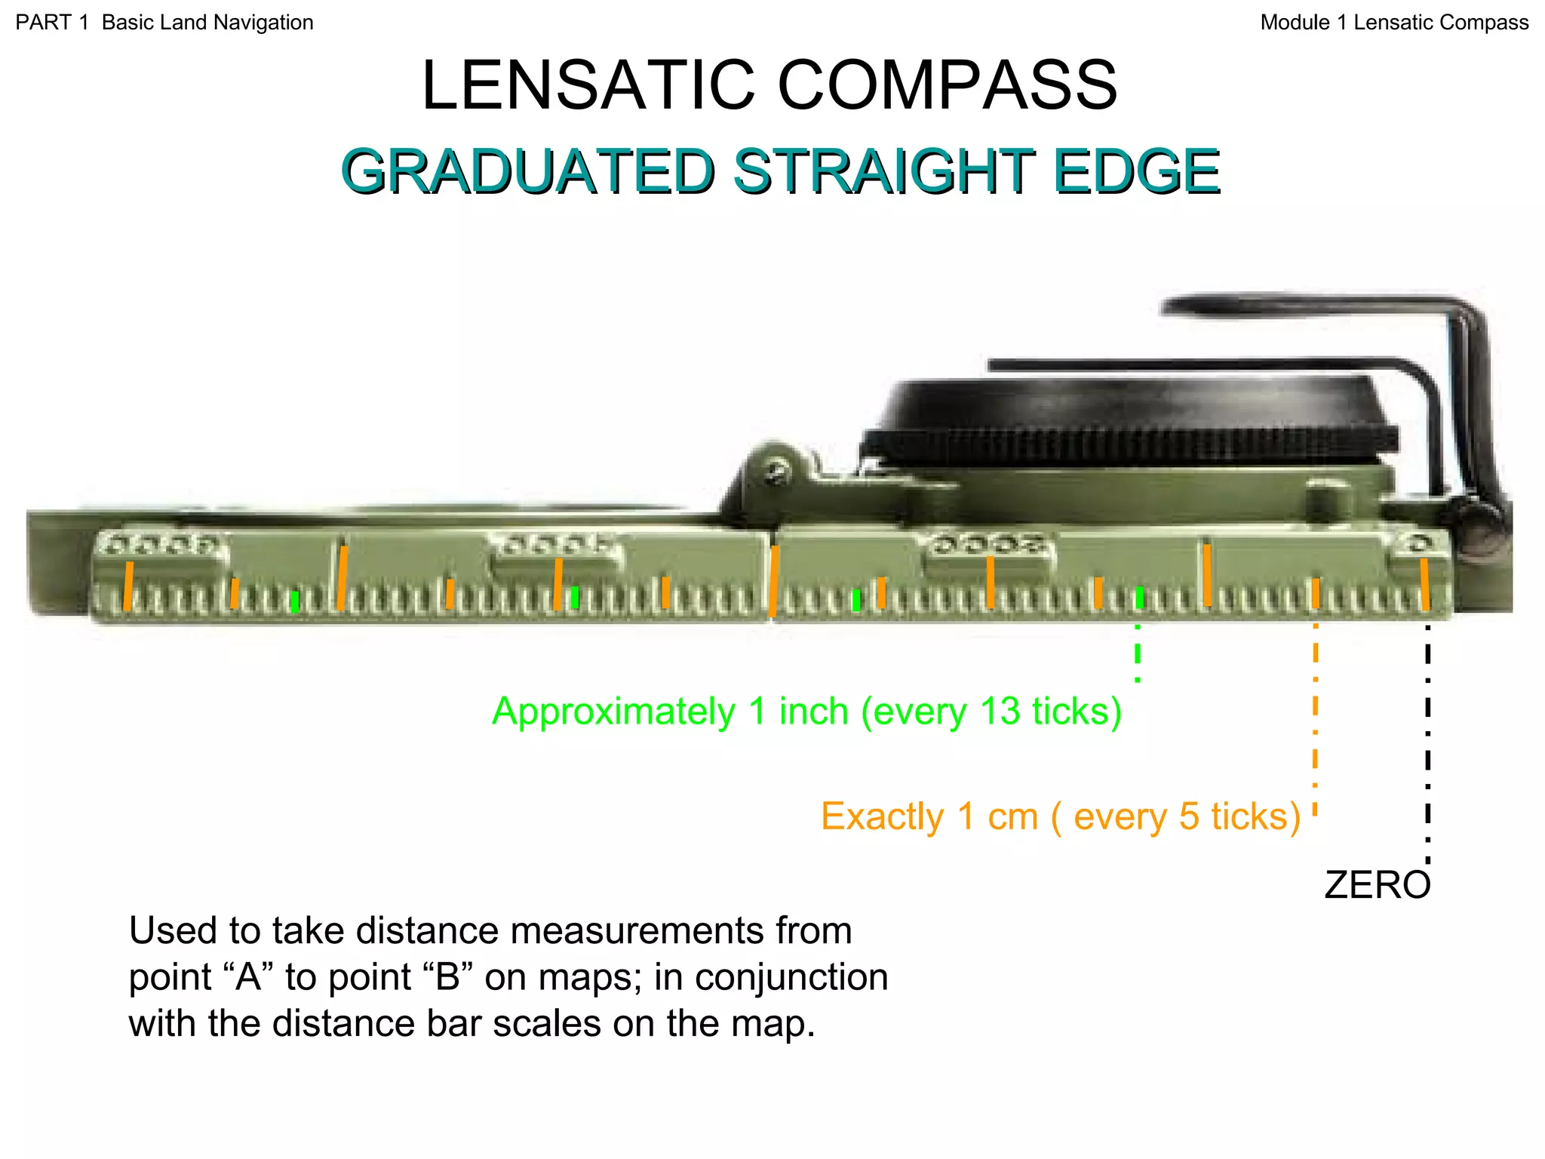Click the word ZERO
pos(1377,885)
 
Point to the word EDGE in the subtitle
pos(1136,171)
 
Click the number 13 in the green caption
pos(1000,711)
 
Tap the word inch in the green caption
pos(813,711)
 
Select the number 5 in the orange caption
pos(1189,816)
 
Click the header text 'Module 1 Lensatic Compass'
pos(1394,23)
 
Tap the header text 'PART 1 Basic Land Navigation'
pos(164,23)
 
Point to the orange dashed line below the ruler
pos(1316,717)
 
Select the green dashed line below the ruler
pos(1138,653)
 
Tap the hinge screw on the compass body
pos(778,473)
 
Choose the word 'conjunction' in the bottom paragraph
pos(791,977)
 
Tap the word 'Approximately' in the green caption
pos(613,711)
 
